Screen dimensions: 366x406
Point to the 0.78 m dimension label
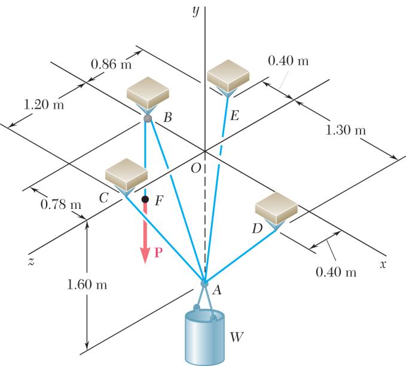pyautogui.click(x=60, y=205)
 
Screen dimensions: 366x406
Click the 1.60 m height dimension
pyautogui.click(x=88, y=284)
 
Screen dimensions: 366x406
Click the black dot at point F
pyautogui.click(x=145, y=199)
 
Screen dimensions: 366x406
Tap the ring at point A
pyautogui.click(x=204, y=283)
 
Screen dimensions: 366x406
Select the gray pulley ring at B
pyautogui.click(x=147, y=118)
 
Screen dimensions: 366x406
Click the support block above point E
pyautogui.click(x=228, y=73)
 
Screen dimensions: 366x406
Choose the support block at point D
pyautogui.click(x=276, y=207)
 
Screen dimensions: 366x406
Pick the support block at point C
pyautogui.click(x=126, y=173)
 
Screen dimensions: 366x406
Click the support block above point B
pyautogui.click(x=149, y=93)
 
